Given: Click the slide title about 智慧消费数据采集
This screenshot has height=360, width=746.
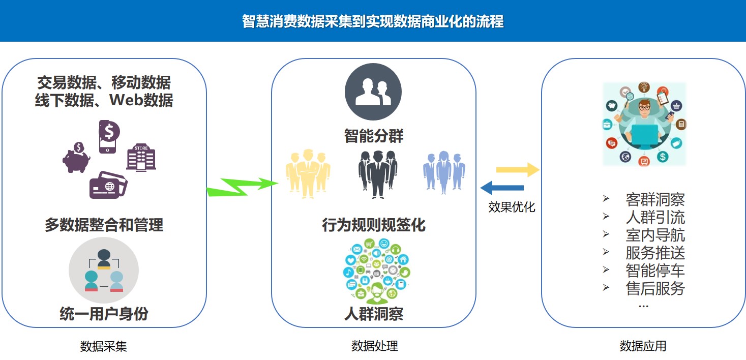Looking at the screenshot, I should coord(373,22).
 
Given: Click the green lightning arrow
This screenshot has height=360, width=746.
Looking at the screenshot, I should coord(243,186).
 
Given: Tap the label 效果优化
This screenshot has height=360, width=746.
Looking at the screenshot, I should coord(512,207).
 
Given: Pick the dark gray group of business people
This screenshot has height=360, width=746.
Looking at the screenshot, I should coord(377,173).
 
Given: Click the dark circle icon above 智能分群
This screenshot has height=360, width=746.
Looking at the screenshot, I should coord(373,92).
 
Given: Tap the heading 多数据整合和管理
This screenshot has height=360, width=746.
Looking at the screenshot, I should coord(104,225).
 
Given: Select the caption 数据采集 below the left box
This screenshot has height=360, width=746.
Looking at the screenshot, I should coord(104,346).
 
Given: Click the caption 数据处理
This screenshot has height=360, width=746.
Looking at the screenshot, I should coord(374,346).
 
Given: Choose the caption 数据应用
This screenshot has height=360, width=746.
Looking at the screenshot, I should coord(643,346).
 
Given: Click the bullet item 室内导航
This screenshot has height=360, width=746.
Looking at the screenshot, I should coord(655,235).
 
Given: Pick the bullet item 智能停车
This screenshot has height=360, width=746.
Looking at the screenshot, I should coord(655,271).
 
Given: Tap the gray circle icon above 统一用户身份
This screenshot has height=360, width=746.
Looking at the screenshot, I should coord(104,271).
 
